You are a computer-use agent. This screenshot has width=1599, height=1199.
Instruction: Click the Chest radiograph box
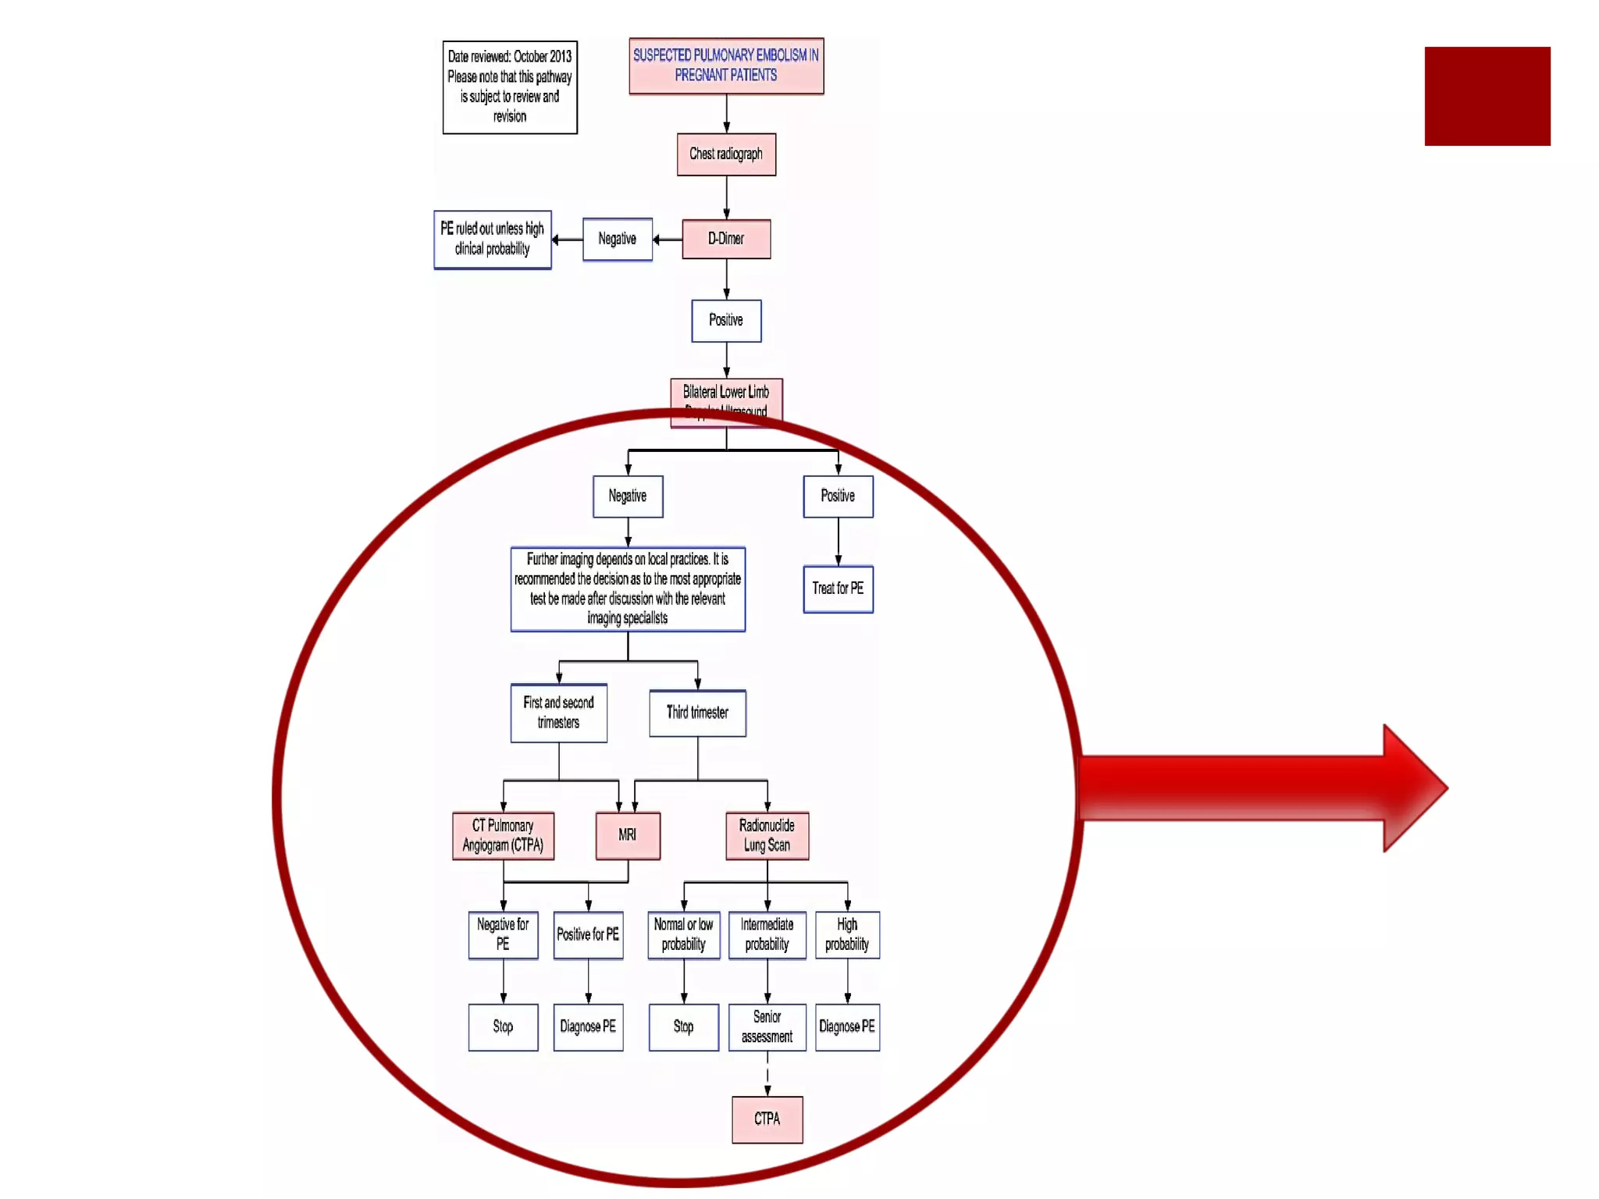click(x=726, y=155)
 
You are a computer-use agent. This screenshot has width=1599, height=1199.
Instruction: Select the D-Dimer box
click(x=726, y=239)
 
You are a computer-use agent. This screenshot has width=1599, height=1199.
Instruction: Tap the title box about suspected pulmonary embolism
click(x=726, y=66)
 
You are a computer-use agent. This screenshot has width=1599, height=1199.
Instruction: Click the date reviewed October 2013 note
click(x=510, y=87)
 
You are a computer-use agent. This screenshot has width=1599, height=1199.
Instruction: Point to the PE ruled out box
click(x=493, y=240)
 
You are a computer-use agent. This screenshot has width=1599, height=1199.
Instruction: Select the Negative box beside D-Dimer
click(x=617, y=239)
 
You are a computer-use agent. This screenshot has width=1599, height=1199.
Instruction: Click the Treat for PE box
click(x=838, y=589)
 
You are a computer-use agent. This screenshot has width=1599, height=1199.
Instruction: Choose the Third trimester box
click(x=697, y=713)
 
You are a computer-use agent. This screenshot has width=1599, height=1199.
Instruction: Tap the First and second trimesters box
click(x=558, y=713)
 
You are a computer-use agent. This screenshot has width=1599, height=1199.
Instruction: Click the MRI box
click(x=628, y=835)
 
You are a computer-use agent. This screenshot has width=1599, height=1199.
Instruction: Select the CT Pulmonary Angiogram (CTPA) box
click(x=503, y=835)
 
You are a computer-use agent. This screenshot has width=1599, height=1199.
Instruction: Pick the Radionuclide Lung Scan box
click(x=767, y=835)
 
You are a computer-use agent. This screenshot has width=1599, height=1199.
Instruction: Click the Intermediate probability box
click(x=767, y=934)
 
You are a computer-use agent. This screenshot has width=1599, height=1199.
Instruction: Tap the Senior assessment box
click(x=767, y=1026)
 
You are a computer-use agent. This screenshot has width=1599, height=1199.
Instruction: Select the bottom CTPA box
click(x=767, y=1119)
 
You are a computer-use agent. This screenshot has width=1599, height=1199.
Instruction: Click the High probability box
click(x=847, y=934)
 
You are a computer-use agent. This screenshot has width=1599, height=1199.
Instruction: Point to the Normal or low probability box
click(x=683, y=934)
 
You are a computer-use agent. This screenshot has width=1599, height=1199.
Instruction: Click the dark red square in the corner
click(x=1487, y=96)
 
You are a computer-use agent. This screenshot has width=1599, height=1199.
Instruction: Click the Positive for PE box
click(x=588, y=934)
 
